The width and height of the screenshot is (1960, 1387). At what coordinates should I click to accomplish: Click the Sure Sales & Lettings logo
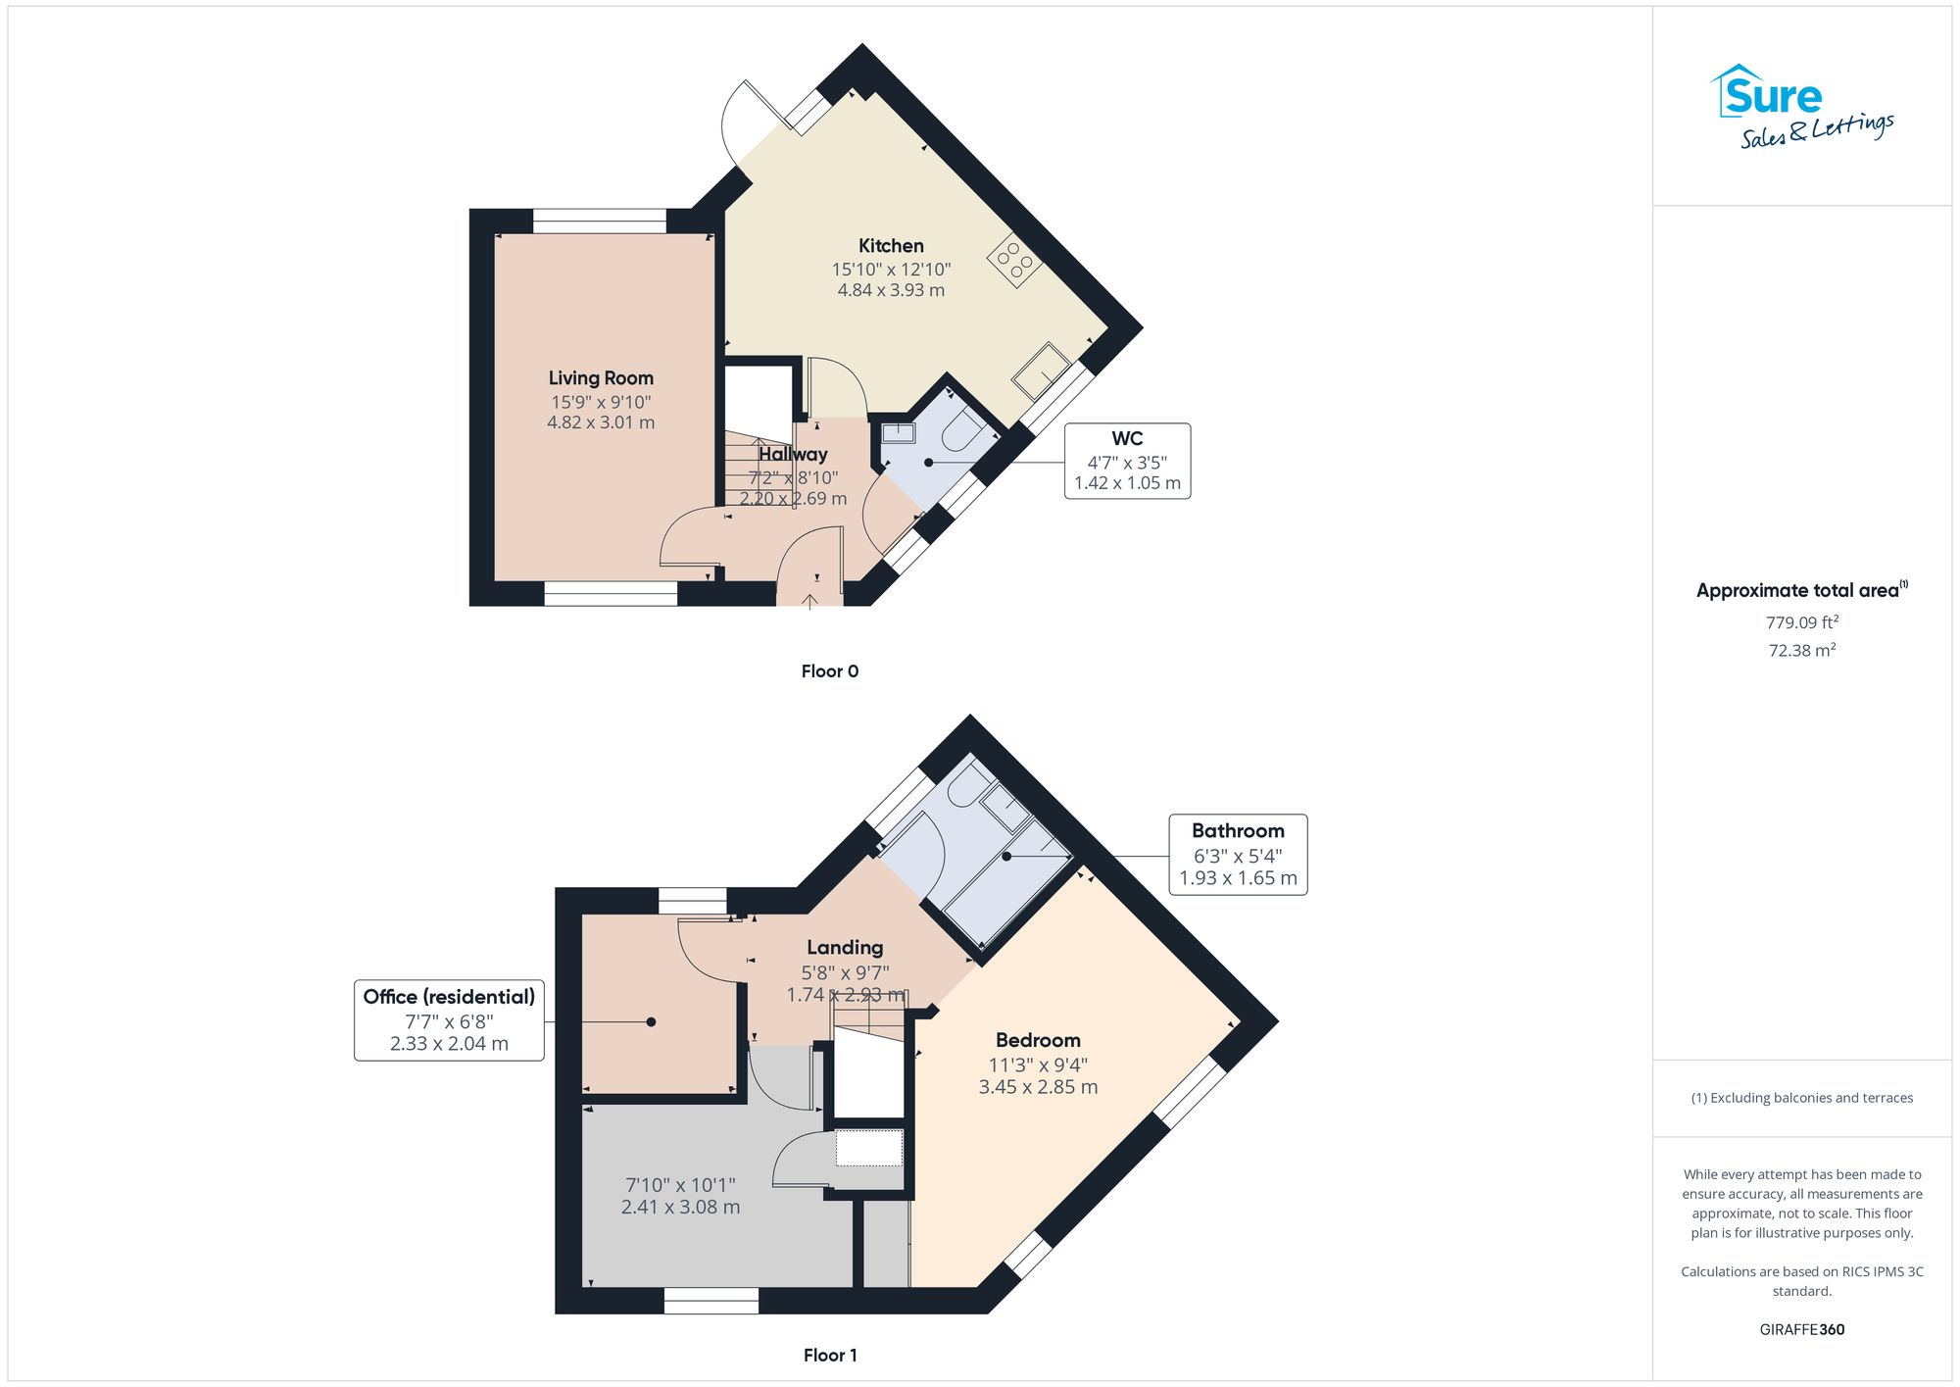pyautogui.click(x=1801, y=107)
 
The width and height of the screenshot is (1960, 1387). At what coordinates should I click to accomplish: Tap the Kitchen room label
pyautogui.click(x=891, y=246)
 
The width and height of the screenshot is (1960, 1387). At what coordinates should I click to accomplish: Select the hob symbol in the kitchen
pyautogui.click(x=1014, y=261)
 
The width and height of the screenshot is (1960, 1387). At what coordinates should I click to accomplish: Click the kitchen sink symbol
pyautogui.click(x=1041, y=371)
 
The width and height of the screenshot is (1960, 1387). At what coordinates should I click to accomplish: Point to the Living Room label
pyautogui.click(x=601, y=378)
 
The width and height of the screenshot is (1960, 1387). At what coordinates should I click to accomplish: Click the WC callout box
pyautogui.click(x=1127, y=461)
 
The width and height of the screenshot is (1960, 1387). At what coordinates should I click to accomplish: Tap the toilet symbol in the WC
pyautogui.click(x=961, y=431)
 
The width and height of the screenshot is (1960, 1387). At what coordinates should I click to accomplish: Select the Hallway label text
pyautogui.click(x=793, y=455)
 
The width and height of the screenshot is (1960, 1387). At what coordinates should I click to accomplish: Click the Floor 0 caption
pyautogui.click(x=829, y=671)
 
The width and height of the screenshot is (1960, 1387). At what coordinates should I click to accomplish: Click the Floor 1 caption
pyautogui.click(x=829, y=1356)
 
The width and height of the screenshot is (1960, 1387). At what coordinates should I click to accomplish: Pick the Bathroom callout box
pyautogui.click(x=1238, y=855)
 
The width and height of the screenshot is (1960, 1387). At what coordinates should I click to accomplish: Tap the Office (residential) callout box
pyautogui.click(x=449, y=1020)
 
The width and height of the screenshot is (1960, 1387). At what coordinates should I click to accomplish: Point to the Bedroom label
pyautogui.click(x=1038, y=1041)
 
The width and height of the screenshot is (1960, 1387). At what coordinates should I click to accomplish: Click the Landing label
pyautogui.click(x=845, y=948)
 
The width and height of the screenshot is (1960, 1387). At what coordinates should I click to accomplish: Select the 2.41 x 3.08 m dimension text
pyautogui.click(x=680, y=1208)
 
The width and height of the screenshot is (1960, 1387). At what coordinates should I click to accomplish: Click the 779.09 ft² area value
pyautogui.click(x=1801, y=622)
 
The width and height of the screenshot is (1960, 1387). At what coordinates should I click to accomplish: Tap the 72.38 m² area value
pyautogui.click(x=1801, y=650)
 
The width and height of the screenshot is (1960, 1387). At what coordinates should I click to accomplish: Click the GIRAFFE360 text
pyautogui.click(x=1801, y=1330)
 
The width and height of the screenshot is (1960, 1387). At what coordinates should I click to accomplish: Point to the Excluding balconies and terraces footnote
pyautogui.click(x=1801, y=1098)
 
